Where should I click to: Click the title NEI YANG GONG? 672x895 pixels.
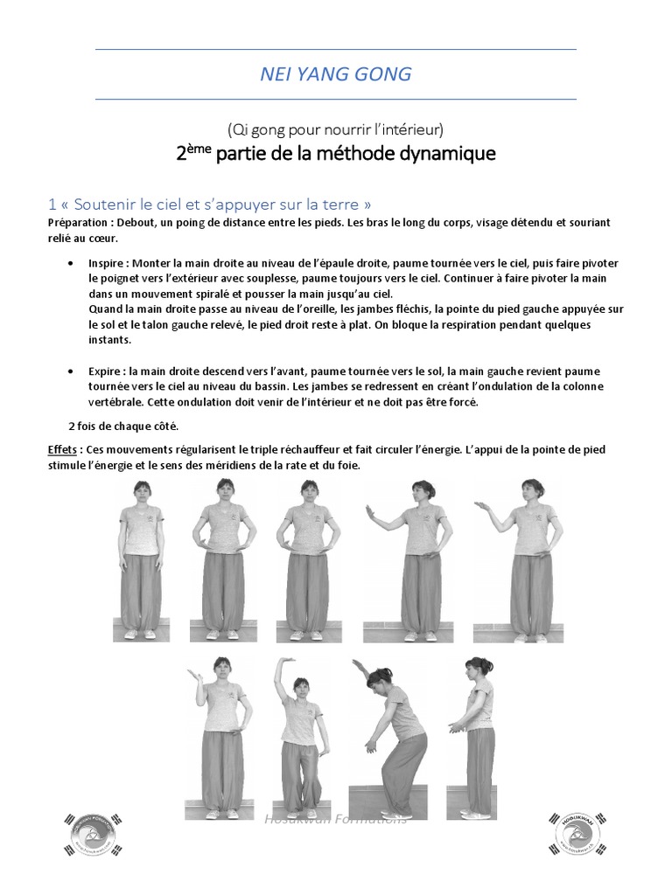coord(336,74)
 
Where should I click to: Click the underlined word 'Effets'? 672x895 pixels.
coord(64,449)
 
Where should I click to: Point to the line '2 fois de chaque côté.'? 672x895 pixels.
coord(123,426)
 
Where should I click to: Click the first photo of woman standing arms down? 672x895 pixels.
coord(142,559)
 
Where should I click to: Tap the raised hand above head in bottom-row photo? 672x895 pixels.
coord(285,663)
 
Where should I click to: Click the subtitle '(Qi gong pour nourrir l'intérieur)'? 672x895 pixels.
coord(336,129)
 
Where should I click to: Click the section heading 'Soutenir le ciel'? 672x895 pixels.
coord(215,205)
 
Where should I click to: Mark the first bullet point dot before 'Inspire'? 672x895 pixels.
coord(70,262)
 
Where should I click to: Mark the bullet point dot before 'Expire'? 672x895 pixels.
coord(70,371)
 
